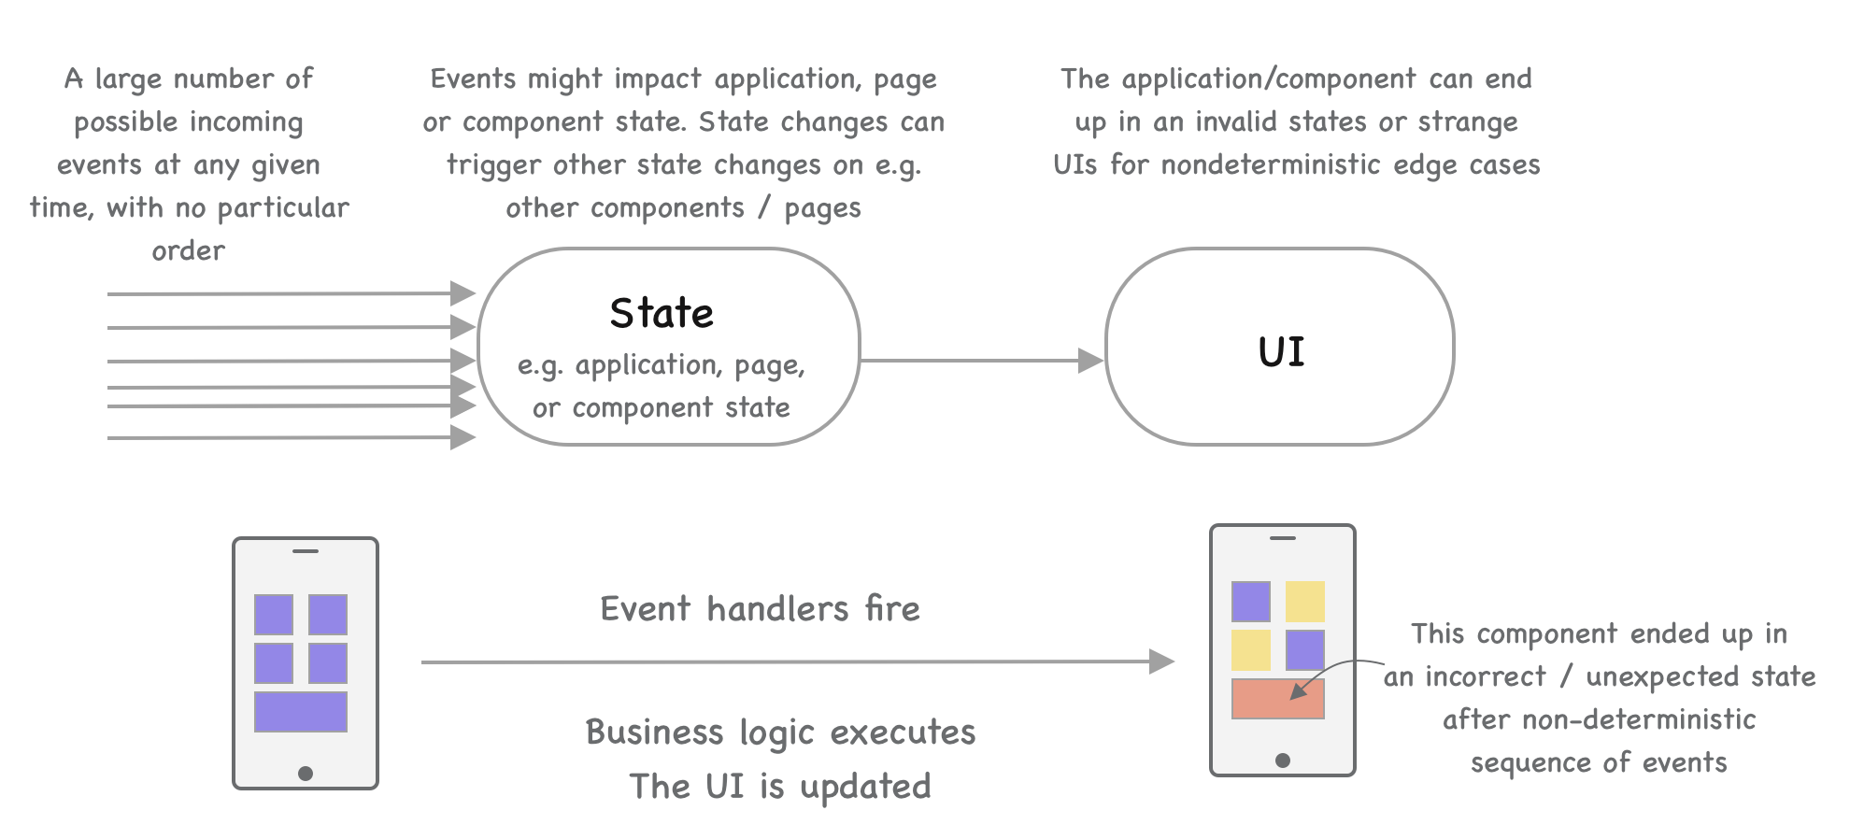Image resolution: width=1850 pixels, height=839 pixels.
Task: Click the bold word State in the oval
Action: pos(662,313)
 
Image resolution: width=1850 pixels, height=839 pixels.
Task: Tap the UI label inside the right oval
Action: pos(1281,351)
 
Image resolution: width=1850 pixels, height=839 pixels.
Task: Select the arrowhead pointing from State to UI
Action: pos(1091,361)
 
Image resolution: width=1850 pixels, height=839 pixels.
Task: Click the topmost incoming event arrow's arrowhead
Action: pos(463,293)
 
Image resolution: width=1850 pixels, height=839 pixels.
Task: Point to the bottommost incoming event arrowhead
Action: pos(463,437)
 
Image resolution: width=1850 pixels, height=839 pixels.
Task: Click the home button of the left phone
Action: pos(306,774)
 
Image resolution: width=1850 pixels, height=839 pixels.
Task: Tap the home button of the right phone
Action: pos(1283,761)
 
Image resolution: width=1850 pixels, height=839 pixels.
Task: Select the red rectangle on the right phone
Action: pos(1278,699)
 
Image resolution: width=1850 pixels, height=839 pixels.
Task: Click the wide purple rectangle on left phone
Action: pos(301,712)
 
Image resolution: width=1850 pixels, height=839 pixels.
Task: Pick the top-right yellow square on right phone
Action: pos(1305,602)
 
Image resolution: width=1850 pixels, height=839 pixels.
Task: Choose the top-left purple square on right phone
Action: pos(1251,602)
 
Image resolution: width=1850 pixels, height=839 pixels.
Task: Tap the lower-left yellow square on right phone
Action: pos(1251,650)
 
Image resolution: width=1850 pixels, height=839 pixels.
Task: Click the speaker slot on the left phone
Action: pos(306,551)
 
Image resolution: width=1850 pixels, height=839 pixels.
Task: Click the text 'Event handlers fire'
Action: pos(760,609)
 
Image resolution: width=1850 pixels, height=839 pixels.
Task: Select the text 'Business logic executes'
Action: pos(780,732)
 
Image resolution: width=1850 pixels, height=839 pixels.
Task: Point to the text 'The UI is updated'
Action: pos(780,787)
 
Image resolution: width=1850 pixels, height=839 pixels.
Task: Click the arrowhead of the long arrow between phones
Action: pos(1161,661)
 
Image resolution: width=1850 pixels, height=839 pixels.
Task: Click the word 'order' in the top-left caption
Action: pos(189,250)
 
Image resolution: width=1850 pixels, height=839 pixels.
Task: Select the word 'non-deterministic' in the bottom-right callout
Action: pos(1599,719)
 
